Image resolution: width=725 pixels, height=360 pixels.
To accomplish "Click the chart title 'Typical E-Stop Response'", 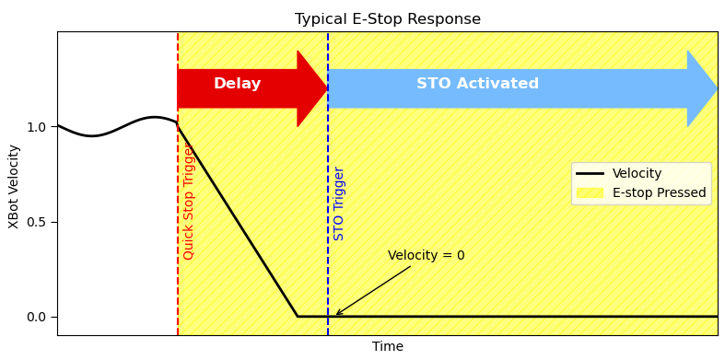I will coord(387,19).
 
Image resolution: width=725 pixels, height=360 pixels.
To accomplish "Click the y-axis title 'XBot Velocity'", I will coord(14,185).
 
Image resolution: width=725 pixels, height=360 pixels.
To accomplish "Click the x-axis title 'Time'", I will coord(387,347).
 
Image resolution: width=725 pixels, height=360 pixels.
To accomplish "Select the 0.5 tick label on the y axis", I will coord(36,222).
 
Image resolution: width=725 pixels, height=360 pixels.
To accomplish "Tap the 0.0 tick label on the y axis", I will coord(36,317).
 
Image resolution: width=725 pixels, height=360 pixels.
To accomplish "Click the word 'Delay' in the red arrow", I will coord(237,84).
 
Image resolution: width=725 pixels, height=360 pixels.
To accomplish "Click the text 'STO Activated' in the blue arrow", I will coord(477,84).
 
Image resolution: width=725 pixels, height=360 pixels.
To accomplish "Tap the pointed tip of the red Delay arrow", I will coord(326,88).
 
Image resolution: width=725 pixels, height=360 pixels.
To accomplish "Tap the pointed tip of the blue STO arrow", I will coord(716,88).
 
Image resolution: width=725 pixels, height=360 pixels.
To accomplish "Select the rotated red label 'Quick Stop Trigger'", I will coord(189,201).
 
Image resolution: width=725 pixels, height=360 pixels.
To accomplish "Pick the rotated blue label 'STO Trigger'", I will coord(339,203).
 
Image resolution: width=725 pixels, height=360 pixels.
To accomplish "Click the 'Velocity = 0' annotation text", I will coord(426,256).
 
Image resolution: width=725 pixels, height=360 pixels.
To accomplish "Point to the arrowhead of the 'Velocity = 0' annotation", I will coord(336,315).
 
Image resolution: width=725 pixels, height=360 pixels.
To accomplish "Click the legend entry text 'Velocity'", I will coord(636,174).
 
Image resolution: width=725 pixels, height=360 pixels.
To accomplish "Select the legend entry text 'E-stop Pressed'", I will coord(659,193).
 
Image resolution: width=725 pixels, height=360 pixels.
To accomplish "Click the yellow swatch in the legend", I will coord(590,193).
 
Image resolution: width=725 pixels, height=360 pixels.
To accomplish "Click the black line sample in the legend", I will coord(590,174).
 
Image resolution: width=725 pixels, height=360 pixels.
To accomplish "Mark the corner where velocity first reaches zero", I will coord(298,317).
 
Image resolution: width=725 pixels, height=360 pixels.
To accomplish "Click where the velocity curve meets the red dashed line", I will coord(178,123).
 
